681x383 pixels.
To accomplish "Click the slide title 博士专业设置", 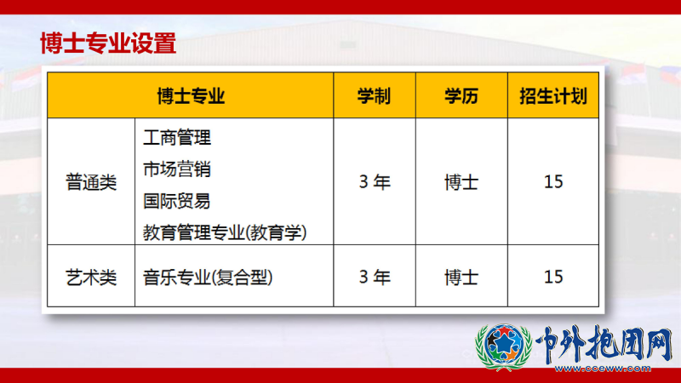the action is pyautogui.click(x=108, y=43).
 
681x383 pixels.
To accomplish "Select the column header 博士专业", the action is pyautogui.click(x=191, y=96).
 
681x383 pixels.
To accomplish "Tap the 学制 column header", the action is pyautogui.click(x=375, y=96).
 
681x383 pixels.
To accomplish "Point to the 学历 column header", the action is pyautogui.click(x=461, y=96).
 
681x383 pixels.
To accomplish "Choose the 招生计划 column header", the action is pyautogui.click(x=553, y=96).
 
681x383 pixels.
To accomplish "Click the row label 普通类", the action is pyautogui.click(x=91, y=182).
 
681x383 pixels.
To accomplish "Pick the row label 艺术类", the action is pyautogui.click(x=91, y=277).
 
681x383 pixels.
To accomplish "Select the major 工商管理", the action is pyautogui.click(x=177, y=138).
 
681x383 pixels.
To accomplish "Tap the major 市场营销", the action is pyautogui.click(x=177, y=169).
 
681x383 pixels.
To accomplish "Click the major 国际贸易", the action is pyautogui.click(x=177, y=201).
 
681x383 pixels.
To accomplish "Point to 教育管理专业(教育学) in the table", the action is pyautogui.click(x=225, y=232).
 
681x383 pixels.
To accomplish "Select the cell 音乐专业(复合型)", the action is pyautogui.click(x=208, y=277).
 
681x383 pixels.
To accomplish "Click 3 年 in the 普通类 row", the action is pyautogui.click(x=375, y=182).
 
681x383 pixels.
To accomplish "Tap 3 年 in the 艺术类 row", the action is pyautogui.click(x=375, y=277).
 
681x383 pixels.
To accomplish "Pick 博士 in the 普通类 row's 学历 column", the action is pyautogui.click(x=461, y=182).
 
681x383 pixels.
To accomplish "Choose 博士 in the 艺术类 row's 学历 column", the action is pyautogui.click(x=461, y=277).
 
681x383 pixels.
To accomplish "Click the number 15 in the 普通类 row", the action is pyautogui.click(x=553, y=182).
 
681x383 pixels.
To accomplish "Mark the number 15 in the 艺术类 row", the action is pyautogui.click(x=553, y=277).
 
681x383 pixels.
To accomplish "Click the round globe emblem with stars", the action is pyautogui.click(x=504, y=346).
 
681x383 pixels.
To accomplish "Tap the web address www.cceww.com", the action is pyautogui.click(x=603, y=369).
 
